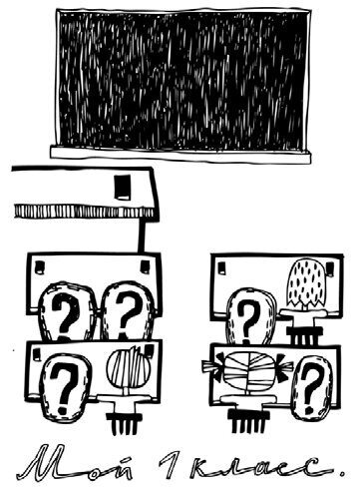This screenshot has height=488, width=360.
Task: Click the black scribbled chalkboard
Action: [183, 79]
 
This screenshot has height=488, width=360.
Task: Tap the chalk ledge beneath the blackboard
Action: [180, 155]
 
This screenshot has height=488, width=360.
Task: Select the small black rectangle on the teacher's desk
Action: [123, 187]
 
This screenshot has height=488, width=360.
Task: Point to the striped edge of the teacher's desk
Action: [83, 212]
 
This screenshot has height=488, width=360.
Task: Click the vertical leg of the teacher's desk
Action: [142, 235]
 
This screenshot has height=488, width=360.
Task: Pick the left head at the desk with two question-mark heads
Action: [67, 312]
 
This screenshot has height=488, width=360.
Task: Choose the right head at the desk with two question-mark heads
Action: [128, 311]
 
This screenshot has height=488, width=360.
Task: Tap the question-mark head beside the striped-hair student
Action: [65, 387]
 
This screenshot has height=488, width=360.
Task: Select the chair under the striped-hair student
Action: [122, 412]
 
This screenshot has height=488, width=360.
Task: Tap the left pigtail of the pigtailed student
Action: [213, 366]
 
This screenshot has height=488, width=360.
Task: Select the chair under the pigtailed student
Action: [247, 412]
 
